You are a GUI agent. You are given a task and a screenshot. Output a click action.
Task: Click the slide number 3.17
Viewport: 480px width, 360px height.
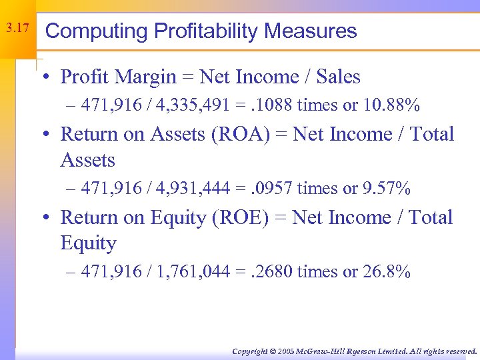click(x=17, y=29)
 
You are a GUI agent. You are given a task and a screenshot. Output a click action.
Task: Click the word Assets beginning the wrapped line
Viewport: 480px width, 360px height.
click(x=88, y=161)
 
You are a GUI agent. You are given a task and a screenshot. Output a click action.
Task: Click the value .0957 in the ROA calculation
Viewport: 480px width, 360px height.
click(x=269, y=189)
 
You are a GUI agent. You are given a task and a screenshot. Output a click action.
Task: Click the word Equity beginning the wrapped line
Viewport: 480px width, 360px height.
click(x=88, y=244)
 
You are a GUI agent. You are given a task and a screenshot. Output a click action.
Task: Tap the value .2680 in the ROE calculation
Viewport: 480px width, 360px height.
click(x=270, y=272)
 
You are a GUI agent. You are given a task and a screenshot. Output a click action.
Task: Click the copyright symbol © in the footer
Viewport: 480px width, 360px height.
click(x=272, y=351)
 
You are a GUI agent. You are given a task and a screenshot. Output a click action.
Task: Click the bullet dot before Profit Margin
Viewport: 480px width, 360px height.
click(x=51, y=78)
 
